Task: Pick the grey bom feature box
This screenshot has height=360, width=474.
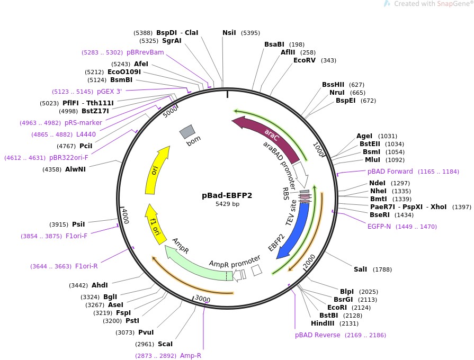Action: click(187, 132)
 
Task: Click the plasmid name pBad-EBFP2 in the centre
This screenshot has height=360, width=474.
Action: click(227, 195)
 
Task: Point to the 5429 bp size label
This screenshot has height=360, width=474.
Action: click(227, 204)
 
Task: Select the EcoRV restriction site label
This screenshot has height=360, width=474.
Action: click(307, 60)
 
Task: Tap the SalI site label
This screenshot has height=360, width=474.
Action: click(360, 269)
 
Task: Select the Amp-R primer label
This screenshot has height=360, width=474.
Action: click(191, 356)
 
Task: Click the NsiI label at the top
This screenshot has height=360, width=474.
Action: click(229, 33)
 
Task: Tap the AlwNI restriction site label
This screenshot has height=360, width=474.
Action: click(75, 169)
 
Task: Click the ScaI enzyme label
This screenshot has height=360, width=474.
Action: click(165, 344)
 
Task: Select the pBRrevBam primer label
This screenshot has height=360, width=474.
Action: click(145, 52)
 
